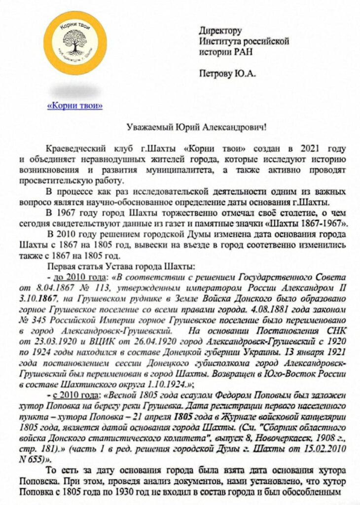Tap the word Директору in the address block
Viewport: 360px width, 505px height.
pyautogui.click(x=220, y=31)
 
